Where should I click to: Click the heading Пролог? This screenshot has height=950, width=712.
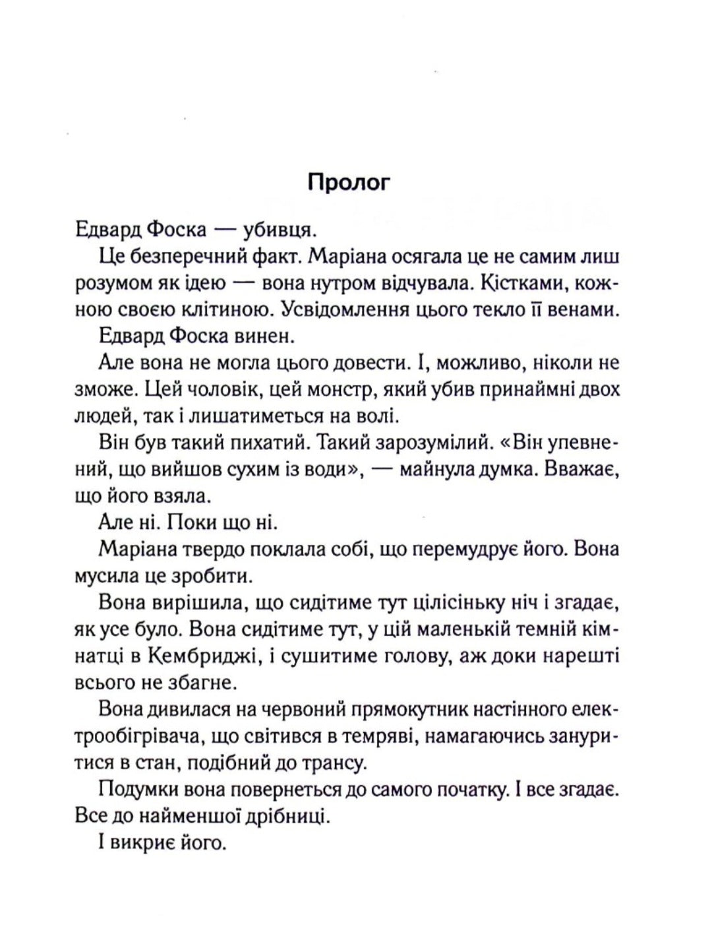point(349,182)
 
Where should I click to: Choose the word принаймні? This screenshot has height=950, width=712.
point(516,389)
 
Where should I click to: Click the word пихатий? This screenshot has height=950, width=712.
point(260,443)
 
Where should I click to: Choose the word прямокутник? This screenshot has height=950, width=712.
point(419,710)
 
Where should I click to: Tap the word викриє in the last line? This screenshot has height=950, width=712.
point(149,843)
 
